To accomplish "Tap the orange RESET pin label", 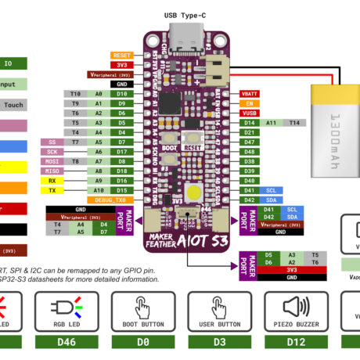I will [122, 56].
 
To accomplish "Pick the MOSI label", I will [52, 161].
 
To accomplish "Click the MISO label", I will [52, 171].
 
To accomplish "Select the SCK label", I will [52, 152].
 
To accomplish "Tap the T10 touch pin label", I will [76, 93].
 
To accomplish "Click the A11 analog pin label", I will [272, 123].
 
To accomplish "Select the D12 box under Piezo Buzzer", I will [295, 341].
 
